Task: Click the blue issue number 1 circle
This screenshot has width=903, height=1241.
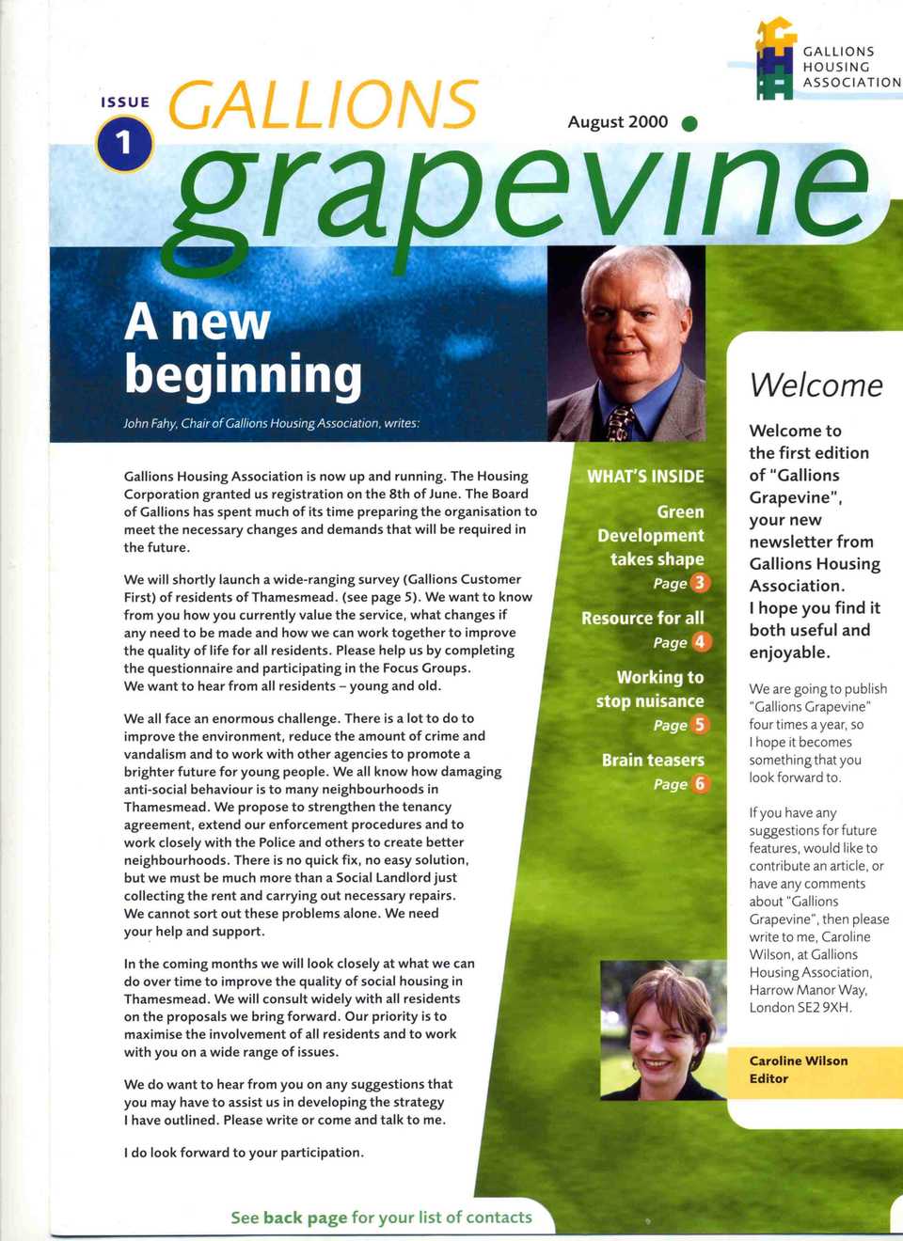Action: pyautogui.click(x=124, y=144)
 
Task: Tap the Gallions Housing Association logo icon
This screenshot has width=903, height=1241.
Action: pyautogui.click(x=775, y=58)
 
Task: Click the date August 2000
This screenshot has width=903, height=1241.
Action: pyautogui.click(x=617, y=122)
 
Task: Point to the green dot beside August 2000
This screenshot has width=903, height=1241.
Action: pyautogui.click(x=689, y=123)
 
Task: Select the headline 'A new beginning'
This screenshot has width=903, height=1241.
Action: pyautogui.click(x=243, y=348)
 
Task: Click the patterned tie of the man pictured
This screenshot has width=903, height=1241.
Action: pyautogui.click(x=620, y=422)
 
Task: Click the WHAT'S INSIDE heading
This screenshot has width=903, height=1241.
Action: pyautogui.click(x=645, y=477)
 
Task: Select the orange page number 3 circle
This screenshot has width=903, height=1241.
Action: pyautogui.click(x=700, y=583)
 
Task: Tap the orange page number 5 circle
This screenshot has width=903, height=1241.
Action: pyautogui.click(x=700, y=725)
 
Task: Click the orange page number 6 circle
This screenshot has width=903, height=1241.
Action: pyautogui.click(x=700, y=784)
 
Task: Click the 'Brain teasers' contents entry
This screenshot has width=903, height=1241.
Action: pyautogui.click(x=653, y=760)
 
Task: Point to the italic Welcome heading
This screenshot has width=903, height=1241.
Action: pyautogui.click(x=816, y=385)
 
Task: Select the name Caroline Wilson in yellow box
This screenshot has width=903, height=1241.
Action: pyautogui.click(x=798, y=1060)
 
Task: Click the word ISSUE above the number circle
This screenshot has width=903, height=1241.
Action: pyautogui.click(x=125, y=102)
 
